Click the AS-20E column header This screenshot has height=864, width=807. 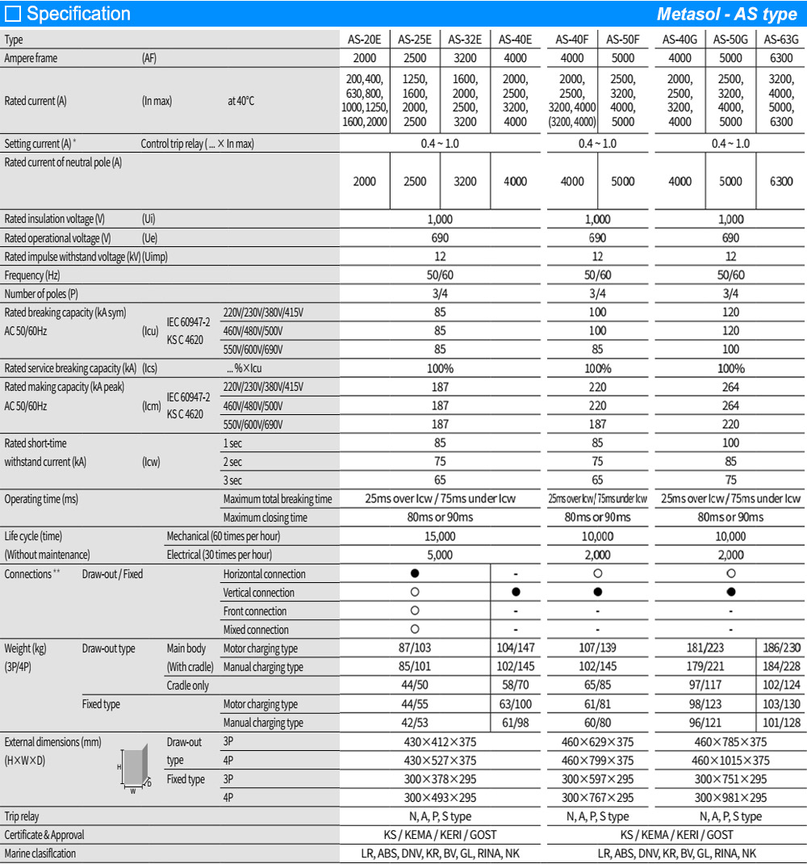365,40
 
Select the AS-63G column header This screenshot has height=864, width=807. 780,40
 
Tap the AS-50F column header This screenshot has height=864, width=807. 622,40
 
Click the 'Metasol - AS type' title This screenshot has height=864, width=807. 726,14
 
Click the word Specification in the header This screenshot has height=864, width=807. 78,14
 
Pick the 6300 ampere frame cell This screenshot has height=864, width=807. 780,58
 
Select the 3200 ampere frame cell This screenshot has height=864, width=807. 465,58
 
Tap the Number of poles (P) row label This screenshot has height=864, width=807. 41,294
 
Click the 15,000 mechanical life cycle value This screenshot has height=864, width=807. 440,536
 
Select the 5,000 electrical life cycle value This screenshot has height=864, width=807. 440,555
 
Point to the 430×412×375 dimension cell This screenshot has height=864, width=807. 440,742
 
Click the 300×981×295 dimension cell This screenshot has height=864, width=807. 730,798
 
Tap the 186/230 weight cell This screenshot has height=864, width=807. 780,648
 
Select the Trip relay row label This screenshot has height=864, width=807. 22,816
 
